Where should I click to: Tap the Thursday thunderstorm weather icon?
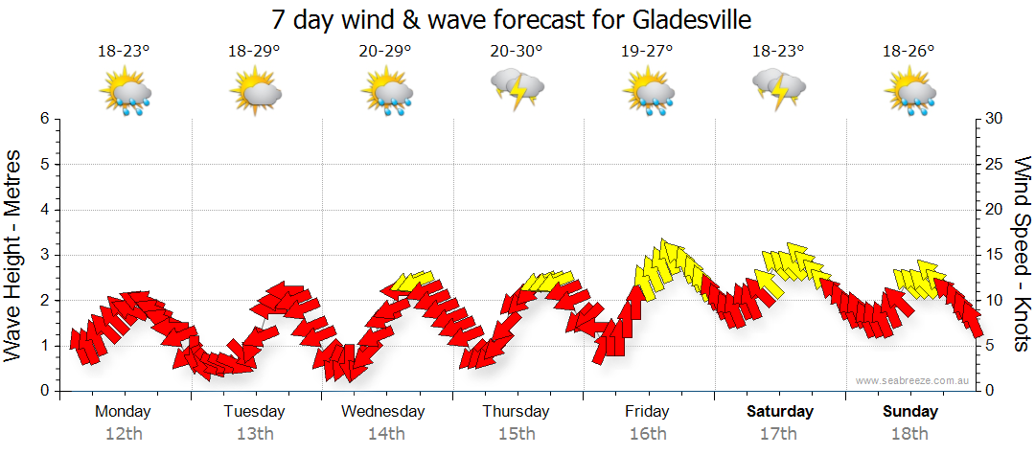(517, 89)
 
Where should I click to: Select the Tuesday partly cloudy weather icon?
(255, 93)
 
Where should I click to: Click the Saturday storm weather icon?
(778, 87)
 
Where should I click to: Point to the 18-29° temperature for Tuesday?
(254, 51)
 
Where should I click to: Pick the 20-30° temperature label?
(517, 51)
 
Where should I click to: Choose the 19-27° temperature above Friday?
(648, 51)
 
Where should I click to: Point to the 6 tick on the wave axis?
(44, 119)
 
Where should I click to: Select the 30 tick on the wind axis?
(995, 119)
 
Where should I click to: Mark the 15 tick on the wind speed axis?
(995, 255)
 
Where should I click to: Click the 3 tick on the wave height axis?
(44, 255)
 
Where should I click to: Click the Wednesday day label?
(383, 412)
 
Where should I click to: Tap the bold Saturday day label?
(780, 412)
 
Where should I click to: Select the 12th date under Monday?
(123, 434)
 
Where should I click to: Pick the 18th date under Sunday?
(911, 434)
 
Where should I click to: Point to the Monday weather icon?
(125, 94)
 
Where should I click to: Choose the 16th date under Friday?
(648, 434)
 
